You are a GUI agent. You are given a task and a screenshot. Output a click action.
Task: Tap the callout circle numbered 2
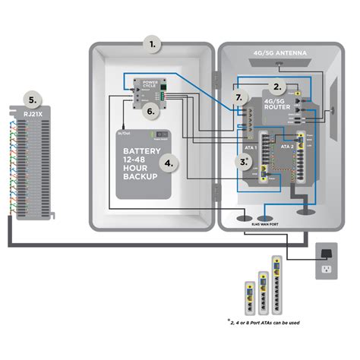278,87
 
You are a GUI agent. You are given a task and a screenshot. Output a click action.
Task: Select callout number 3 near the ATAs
243,161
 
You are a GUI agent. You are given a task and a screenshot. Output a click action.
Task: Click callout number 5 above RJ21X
30,99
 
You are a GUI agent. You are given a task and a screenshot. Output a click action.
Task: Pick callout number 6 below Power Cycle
150,109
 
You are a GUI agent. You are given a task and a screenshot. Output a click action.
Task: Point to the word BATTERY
141,151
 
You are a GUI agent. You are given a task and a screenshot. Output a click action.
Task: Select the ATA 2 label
286,144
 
